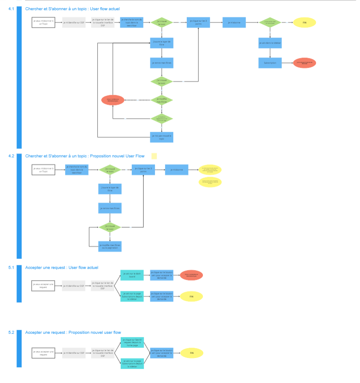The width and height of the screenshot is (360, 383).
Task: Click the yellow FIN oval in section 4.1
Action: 304,22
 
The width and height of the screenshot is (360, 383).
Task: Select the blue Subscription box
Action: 270,63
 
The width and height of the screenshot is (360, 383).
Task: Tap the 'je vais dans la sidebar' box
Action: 270,43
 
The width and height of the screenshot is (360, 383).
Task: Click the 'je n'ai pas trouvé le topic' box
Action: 162,136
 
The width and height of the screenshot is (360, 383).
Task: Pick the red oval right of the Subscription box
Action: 305,63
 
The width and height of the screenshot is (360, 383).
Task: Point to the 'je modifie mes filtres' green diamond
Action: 162,100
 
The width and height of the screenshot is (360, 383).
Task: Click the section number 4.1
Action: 11,8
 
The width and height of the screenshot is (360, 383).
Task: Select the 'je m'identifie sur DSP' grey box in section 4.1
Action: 74,22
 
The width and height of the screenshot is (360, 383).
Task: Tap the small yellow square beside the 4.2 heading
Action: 154,156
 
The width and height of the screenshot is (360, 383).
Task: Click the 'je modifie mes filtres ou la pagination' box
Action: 110,246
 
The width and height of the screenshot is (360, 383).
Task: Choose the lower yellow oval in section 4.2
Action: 210,182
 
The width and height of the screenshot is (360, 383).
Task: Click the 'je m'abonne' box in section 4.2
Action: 177,169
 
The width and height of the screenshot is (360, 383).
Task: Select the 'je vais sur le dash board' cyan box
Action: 132,275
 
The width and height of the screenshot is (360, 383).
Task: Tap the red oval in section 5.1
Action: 191,275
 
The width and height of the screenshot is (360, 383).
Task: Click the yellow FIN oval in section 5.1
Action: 191,297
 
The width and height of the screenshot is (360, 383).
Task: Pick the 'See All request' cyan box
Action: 132,342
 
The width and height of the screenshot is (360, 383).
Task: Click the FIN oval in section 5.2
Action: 191,353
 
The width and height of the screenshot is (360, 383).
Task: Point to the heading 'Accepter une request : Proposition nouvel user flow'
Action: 73,333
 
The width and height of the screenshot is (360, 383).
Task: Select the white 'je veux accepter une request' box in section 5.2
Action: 44,353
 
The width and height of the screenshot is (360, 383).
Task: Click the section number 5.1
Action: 11,267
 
